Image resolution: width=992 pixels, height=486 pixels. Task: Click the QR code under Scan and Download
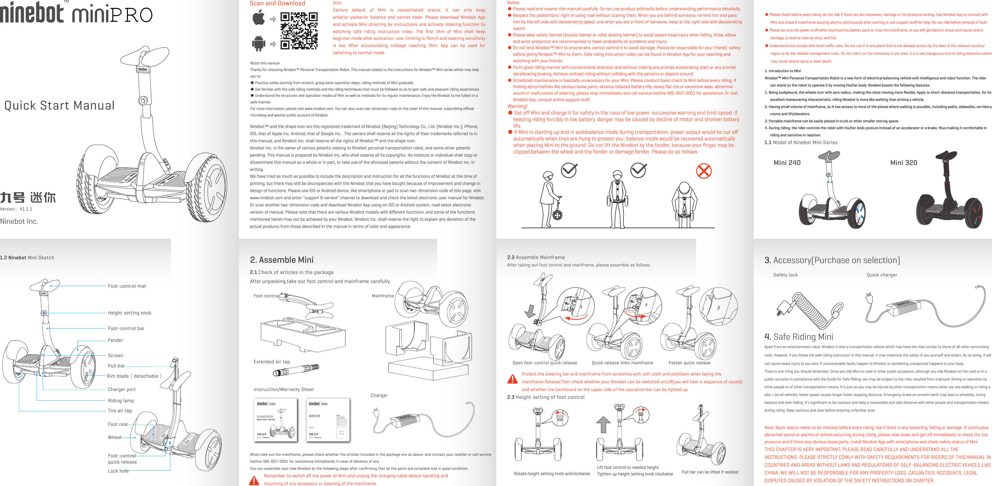[299, 31]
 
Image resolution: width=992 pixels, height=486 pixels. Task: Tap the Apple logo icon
[259, 18]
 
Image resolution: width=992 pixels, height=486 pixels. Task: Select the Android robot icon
[258, 43]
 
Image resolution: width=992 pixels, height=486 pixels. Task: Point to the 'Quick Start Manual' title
[59, 106]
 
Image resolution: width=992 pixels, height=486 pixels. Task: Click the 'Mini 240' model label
[787, 163]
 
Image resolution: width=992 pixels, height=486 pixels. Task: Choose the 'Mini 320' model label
[903, 163]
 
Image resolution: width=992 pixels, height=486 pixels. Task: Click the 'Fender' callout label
[115, 340]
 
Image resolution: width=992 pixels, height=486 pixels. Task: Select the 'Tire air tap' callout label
[120, 411]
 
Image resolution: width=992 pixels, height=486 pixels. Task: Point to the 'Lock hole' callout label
[118, 471]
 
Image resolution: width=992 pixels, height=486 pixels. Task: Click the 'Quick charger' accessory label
[882, 275]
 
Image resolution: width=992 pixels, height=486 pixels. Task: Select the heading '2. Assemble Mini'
[281, 260]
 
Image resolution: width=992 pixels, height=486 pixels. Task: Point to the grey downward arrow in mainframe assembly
[530, 311]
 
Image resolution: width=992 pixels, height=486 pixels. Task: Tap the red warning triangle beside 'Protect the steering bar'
[513, 379]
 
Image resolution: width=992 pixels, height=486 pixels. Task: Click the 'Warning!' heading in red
[517, 106]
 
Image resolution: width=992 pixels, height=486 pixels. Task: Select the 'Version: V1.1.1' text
[16, 209]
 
